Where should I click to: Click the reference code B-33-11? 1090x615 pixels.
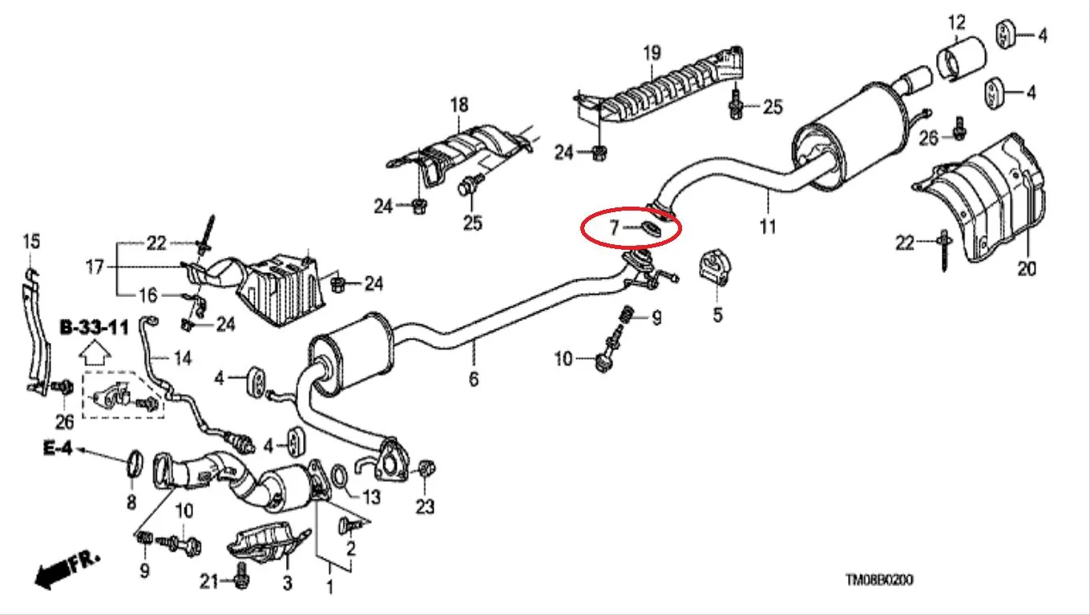[x=95, y=328]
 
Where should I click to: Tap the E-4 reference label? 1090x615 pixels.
[x=58, y=448]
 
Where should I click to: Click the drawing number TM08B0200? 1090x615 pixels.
[x=879, y=580]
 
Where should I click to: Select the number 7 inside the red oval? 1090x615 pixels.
[x=614, y=227]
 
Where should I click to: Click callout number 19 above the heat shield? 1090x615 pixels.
[x=652, y=53]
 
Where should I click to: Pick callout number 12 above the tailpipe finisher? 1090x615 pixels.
[x=957, y=22]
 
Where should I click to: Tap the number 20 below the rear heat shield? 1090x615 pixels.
[x=1027, y=268]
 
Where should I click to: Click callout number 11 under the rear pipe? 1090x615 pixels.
[x=768, y=226]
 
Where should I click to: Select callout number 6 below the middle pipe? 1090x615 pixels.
[x=474, y=379]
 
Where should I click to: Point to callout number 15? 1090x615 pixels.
[x=31, y=242]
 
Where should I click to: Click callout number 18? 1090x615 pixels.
[x=459, y=105]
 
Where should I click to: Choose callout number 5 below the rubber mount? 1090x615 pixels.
[x=718, y=315]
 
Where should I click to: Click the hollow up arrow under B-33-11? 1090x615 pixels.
[x=95, y=353]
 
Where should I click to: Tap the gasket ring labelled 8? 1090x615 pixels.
[x=135, y=464]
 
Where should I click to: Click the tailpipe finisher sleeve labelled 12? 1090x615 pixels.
[x=961, y=58]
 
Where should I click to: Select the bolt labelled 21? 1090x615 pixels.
[x=241, y=576]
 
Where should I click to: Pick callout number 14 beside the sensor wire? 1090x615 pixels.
[x=183, y=359]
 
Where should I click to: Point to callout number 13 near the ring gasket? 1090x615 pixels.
[x=371, y=496]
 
